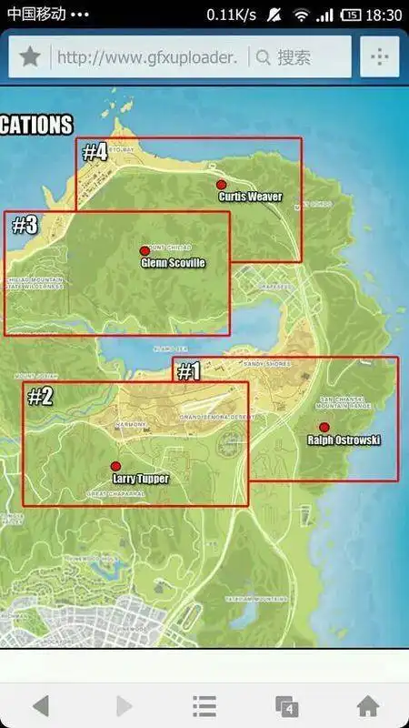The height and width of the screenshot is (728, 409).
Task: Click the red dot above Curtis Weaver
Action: tap(221, 184)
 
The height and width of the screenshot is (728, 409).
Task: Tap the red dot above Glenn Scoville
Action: tap(144, 250)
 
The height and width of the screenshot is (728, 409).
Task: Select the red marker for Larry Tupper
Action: tap(115, 465)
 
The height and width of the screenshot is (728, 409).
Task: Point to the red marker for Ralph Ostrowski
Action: tap(324, 427)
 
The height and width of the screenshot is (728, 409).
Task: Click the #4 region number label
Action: tap(95, 153)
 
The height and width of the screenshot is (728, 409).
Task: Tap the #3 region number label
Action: tap(25, 226)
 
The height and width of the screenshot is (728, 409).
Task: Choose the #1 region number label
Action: tap(188, 371)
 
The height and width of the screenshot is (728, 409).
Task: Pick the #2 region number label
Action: tap(41, 396)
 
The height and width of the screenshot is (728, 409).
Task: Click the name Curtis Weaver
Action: tap(250, 197)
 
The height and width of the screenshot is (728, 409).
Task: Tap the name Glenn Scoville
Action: tap(173, 263)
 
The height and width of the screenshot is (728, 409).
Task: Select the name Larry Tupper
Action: tap(140, 477)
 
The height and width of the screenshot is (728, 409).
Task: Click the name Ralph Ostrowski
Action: tap(344, 440)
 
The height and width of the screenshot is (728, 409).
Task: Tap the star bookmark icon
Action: tap(30, 57)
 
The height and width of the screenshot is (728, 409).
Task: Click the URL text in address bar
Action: tap(147, 57)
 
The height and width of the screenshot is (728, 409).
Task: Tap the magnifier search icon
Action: tap(264, 57)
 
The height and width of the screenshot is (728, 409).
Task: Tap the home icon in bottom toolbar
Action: tap(367, 705)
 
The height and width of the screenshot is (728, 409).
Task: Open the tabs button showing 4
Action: tap(286, 705)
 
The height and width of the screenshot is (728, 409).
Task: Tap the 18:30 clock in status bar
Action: tap(384, 15)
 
